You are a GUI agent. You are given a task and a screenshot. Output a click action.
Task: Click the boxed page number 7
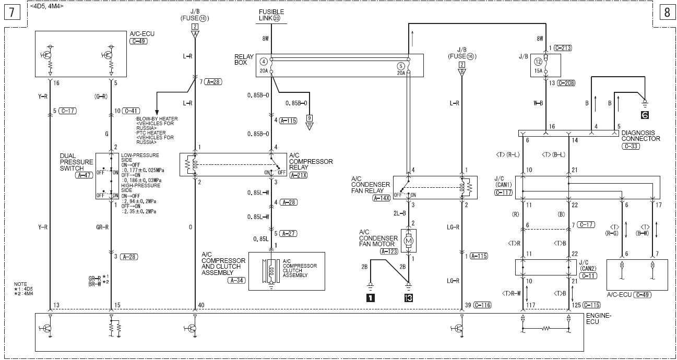(x=12, y=12)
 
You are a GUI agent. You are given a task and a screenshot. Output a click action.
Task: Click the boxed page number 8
(x=667, y=12)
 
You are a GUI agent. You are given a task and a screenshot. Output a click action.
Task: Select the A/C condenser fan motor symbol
(x=409, y=241)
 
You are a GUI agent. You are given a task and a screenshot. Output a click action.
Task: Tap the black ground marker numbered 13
(x=408, y=298)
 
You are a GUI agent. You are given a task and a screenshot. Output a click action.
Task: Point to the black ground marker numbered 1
(x=370, y=298)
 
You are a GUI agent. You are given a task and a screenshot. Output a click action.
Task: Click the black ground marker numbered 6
(x=645, y=115)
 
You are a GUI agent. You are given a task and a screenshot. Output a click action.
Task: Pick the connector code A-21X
(x=298, y=175)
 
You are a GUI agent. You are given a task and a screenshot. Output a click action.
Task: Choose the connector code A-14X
(x=382, y=198)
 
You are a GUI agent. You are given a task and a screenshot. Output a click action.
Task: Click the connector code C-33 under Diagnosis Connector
(x=631, y=146)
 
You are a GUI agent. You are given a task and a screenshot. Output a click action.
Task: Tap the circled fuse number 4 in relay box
(x=264, y=62)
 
